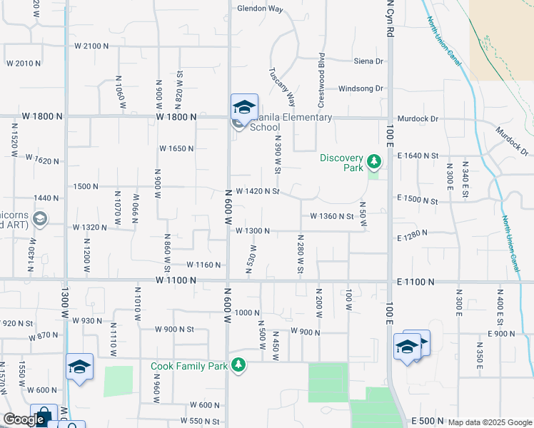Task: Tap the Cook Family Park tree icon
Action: (238, 367)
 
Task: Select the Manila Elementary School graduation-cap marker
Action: (244, 108)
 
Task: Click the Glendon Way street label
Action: (261, 9)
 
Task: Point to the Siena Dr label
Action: (369, 61)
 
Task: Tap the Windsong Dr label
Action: (361, 88)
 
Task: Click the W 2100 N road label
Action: (91, 46)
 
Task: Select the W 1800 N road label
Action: (176, 116)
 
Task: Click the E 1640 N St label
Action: (418, 155)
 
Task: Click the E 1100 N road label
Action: (415, 282)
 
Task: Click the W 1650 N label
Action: (176, 148)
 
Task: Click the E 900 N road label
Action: (501, 334)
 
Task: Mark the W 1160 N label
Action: (203, 265)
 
